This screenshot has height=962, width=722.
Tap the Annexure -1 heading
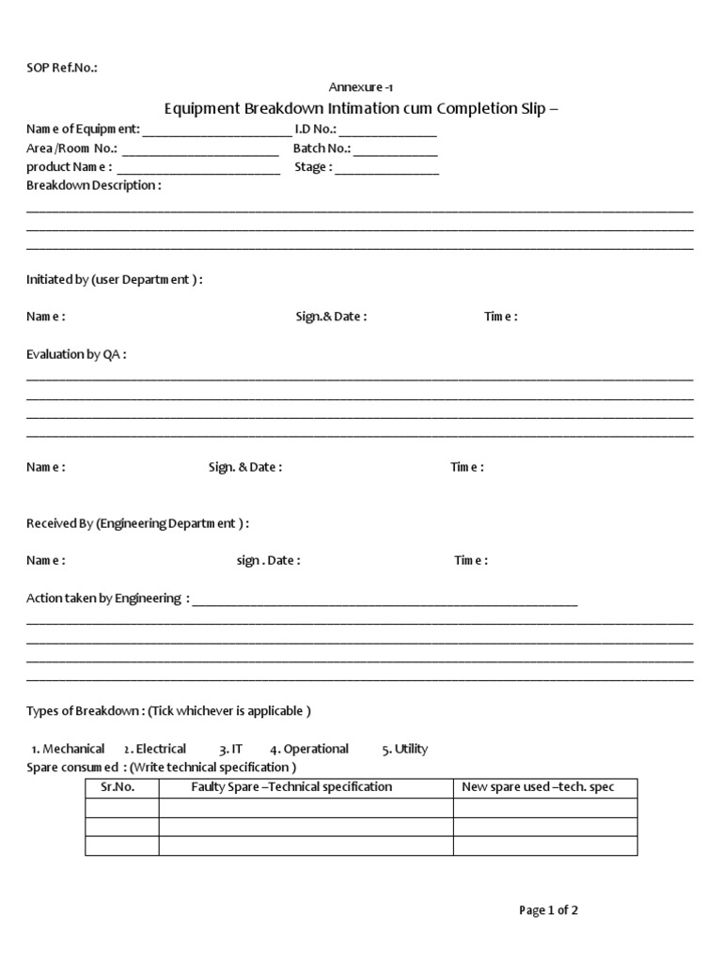pyautogui.click(x=354, y=86)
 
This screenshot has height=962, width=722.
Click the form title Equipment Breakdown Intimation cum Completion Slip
pyautogui.click(x=361, y=108)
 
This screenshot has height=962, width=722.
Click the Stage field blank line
pyautogui.click(x=386, y=169)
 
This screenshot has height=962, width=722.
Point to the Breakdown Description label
pyautogui.click(x=93, y=185)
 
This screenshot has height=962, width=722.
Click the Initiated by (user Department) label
pyautogui.click(x=114, y=279)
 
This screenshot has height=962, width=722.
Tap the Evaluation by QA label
pyautogui.click(x=76, y=354)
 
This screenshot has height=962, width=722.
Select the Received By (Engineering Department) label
pyautogui.click(x=137, y=523)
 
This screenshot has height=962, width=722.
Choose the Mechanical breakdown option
pyautogui.click(x=68, y=749)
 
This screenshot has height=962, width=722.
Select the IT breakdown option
pyautogui.click(x=231, y=749)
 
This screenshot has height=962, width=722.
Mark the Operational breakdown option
pyautogui.click(x=309, y=749)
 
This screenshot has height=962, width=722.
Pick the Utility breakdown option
pyautogui.click(x=405, y=749)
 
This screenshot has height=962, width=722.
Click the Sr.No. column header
pyautogui.click(x=118, y=787)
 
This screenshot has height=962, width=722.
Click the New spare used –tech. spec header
pyautogui.click(x=538, y=787)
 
